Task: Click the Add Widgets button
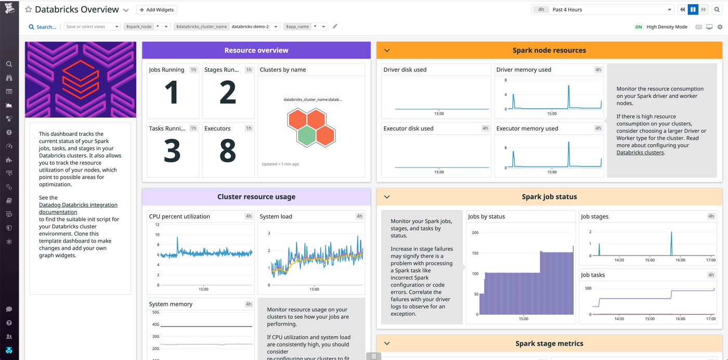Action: click(x=157, y=10)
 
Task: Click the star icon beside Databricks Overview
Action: click(x=29, y=10)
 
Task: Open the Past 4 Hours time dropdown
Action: click(x=603, y=10)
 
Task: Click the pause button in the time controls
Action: click(x=693, y=10)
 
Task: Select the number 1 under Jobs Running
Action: click(x=172, y=93)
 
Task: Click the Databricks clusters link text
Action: click(x=640, y=152)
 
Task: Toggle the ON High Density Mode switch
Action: click(x=639, y=27)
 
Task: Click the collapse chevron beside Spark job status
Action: click(x=386, y=197)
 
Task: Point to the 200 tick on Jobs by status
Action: click(x=474, y=233)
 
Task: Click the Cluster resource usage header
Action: click(x=256, y=197)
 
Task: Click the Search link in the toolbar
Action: click(x=42, y=27)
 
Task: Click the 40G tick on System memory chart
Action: click(x=155, y=324)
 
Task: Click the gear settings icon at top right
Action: click(x=720, y=27)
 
